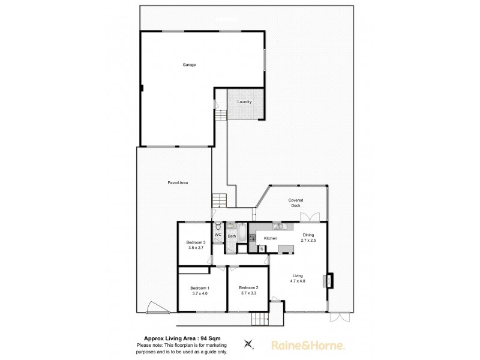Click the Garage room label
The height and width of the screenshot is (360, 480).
[190, 65]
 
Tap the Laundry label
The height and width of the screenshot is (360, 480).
[244, 102]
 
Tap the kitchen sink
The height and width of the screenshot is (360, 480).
[277, 226]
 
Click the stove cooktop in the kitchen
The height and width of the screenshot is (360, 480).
[253, 238]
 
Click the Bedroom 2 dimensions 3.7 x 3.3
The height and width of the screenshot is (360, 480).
[248, 293]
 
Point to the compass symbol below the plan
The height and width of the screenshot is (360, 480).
[248, 344]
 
